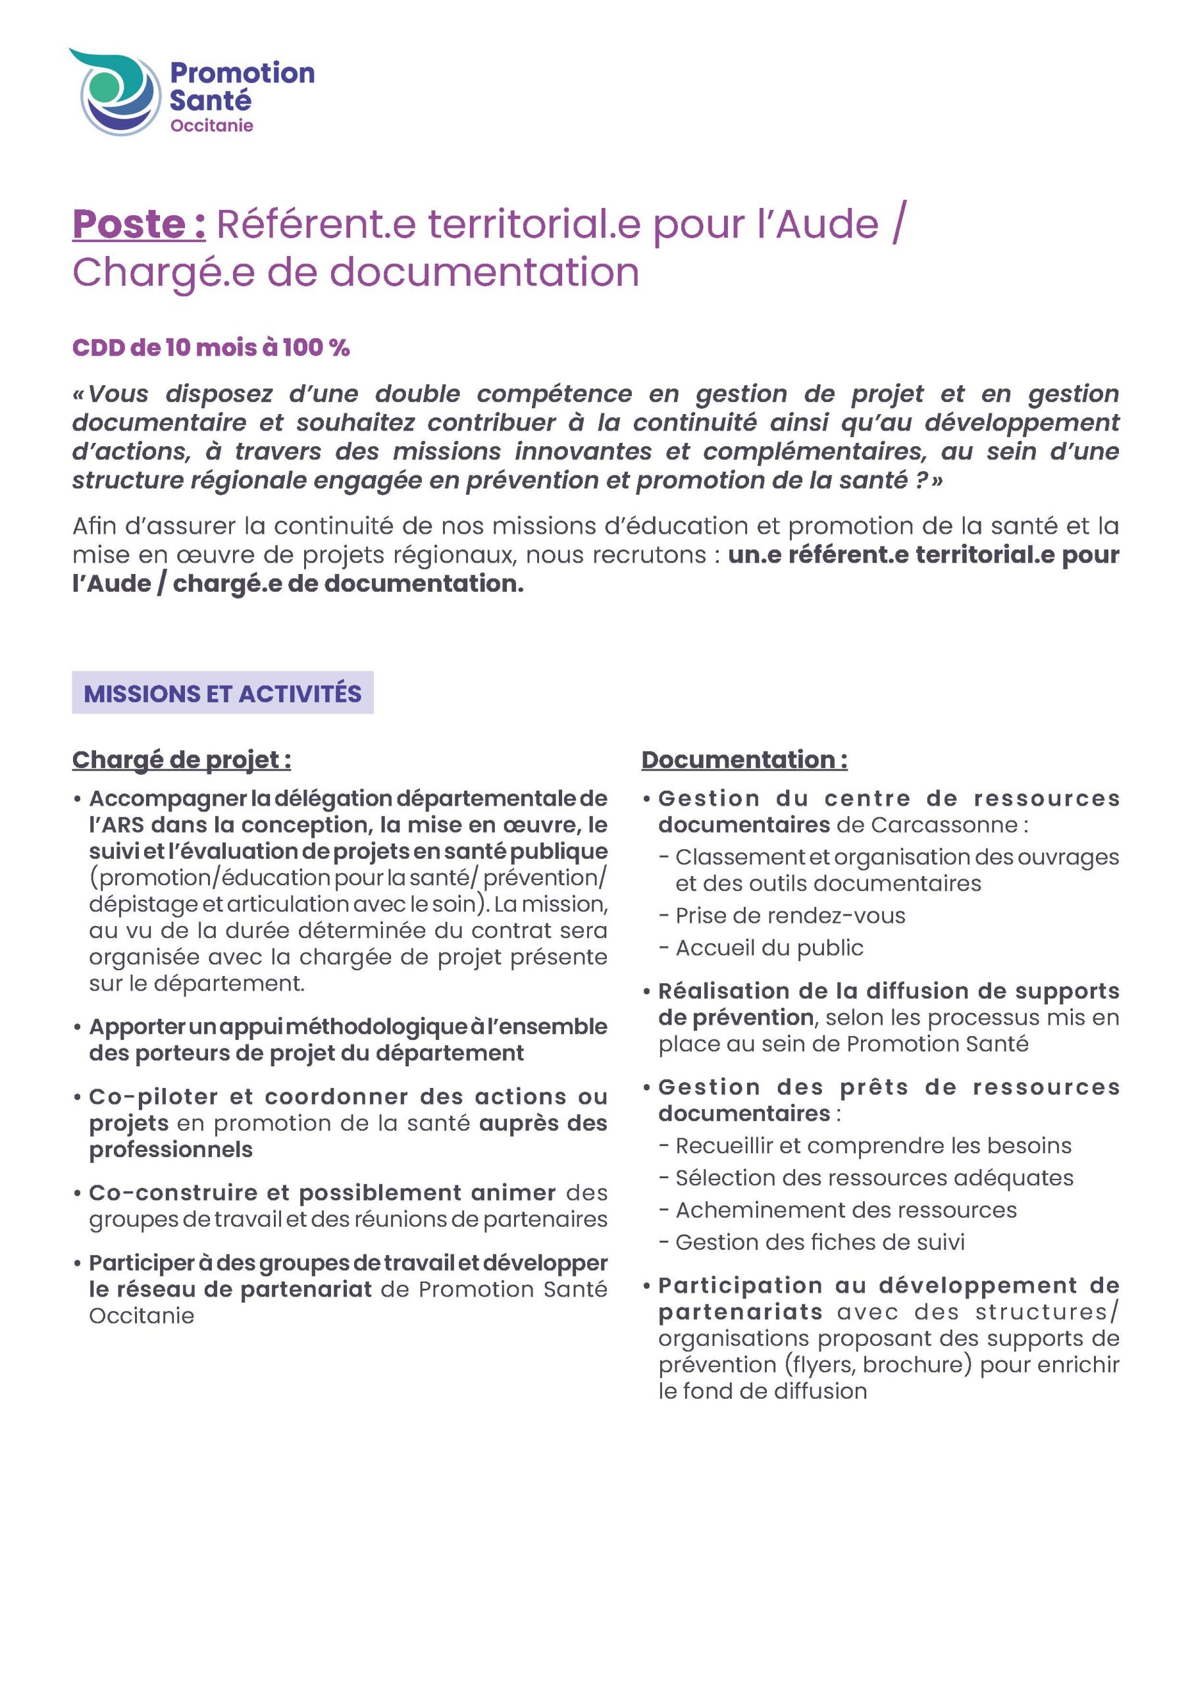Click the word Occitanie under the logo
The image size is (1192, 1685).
pos(211,126)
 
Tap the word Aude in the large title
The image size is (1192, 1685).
pos(827,224)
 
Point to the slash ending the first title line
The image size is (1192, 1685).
pos(898,224)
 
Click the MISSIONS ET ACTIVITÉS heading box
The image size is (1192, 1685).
pos(222,693)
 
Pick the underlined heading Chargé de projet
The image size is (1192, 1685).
pos(181,760)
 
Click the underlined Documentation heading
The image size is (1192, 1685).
pos(744,760)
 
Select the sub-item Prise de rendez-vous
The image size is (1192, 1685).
pos(790,916)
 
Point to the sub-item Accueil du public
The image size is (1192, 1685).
pos(769,948)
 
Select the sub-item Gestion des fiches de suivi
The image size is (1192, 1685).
pos(819,1243)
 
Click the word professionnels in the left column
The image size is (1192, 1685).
pos(170,1150)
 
